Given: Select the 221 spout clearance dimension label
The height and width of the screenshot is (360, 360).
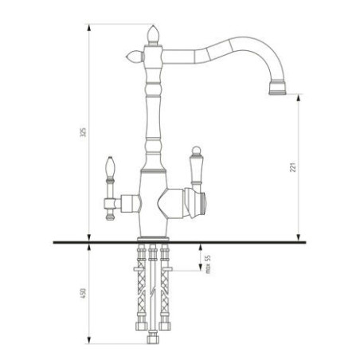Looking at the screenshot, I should (292, 170).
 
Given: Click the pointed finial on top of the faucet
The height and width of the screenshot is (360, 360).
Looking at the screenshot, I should (154, 34).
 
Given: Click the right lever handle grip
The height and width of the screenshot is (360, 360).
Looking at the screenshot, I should (194, 164).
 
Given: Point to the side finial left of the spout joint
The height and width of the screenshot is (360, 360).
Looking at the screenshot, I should (131, 57).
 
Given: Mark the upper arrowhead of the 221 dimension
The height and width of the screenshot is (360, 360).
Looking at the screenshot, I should (298, 96).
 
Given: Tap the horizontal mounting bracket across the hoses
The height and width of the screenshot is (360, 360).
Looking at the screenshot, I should (154, 264).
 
